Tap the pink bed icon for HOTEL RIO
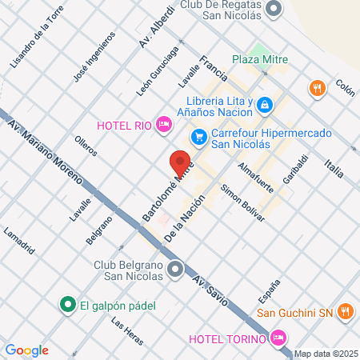[163, 123]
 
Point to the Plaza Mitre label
[260, 58]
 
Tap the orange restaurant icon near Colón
[318, 87]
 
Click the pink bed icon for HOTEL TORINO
[278, 338]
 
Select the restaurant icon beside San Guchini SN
[346, 311]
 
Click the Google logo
[27, 350]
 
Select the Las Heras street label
[127, 332]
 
